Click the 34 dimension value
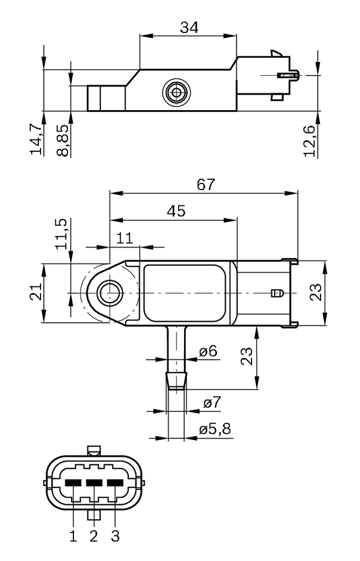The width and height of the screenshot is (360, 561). tap(189, 27)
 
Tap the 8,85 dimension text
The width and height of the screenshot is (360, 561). tap(64, 141)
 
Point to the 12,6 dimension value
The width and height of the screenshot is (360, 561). tap(310, 141)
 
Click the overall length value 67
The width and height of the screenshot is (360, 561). tap(206, 185)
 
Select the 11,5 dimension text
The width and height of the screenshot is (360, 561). tap(63, 234)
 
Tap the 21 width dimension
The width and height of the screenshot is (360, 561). tap(35, 294)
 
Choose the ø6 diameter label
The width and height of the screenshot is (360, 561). tap(208, 351)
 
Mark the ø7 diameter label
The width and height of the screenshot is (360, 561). tap(212, 403)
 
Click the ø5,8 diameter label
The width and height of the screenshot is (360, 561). tap(215, 430)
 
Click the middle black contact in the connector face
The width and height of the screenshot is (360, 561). tap(94, 483)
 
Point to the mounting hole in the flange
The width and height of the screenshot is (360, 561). tap(108, 293)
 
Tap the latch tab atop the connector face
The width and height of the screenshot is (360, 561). tap(94, 450)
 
